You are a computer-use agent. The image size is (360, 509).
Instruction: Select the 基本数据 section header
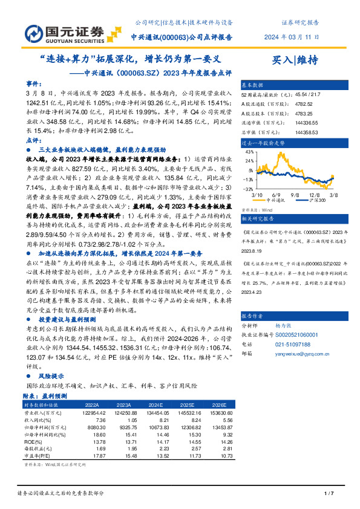coord(253,86)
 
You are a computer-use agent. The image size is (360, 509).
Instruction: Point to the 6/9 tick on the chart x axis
coord(278,195)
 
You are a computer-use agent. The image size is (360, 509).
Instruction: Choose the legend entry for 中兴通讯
coord(282,199)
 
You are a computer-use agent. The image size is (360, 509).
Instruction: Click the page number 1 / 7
coord(329,493)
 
